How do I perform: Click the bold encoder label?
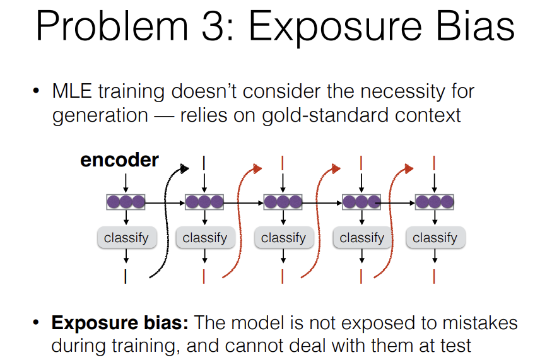[119, 160]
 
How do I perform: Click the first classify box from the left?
[126, 238]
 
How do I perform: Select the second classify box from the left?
[204, 238]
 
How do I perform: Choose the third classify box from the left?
[283, 238]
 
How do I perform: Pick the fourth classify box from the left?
[361, 238]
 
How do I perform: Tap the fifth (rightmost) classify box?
[435, 238]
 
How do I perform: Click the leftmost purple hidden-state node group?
[126, 202]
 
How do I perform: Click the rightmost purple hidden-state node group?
[435, 202]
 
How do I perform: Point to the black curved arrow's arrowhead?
[184, 168]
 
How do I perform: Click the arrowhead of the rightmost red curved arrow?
[409, 168]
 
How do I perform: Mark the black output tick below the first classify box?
[126, 277]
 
